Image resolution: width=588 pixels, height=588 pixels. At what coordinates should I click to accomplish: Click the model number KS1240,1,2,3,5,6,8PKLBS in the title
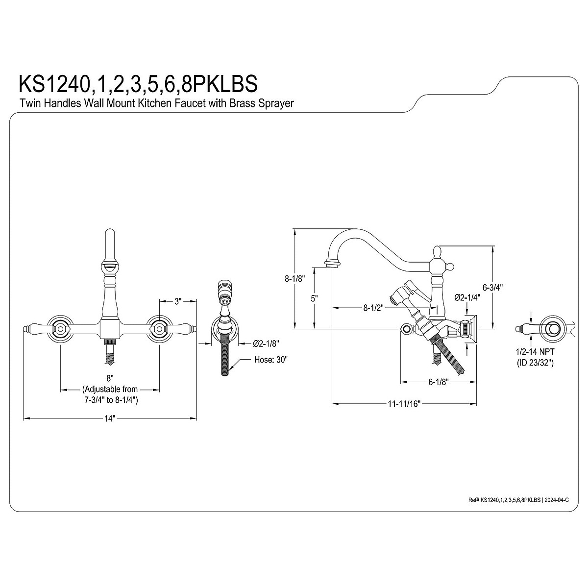click(138, 83)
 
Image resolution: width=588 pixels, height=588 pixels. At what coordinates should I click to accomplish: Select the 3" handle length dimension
click(178, 302)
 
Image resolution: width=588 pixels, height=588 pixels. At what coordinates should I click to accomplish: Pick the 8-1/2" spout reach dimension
click(373, 308)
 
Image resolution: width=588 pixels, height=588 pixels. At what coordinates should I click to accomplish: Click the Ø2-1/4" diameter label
click(466, 297)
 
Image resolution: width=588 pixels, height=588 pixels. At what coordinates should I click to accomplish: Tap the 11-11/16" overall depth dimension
click(404, 404)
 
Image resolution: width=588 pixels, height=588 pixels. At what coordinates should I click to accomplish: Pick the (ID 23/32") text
click(536, 363)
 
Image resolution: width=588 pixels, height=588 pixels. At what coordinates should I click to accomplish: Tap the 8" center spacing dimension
click(110, 378)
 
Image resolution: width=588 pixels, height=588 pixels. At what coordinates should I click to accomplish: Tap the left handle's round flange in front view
click(60, 329)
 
